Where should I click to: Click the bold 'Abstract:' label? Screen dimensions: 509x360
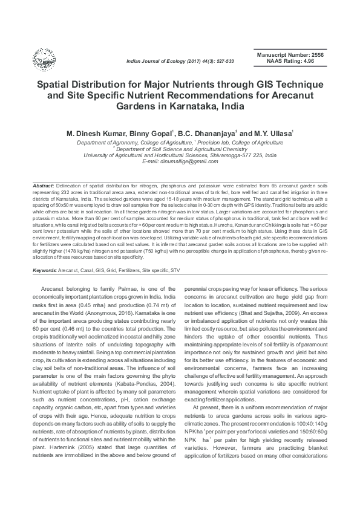[x=44, y=183]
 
